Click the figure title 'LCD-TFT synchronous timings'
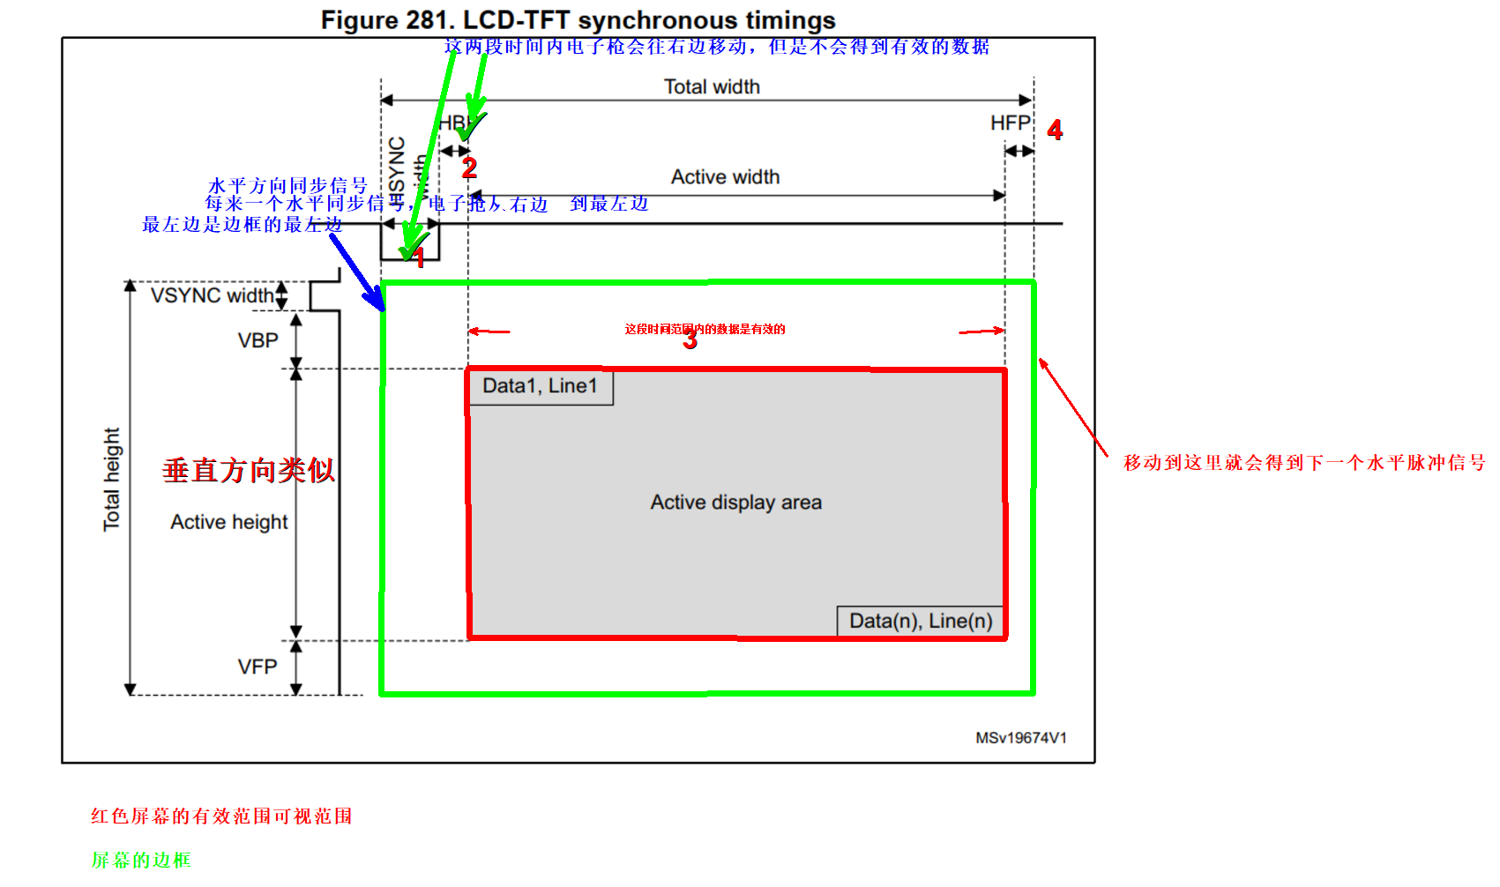[578, 20]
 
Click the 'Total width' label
[711, 86]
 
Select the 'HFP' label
[1010, 123]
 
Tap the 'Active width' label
[725, 177]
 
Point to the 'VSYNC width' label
[212, 295]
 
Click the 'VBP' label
[257, 340]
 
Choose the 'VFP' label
[257, 667]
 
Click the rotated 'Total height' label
[111, 479]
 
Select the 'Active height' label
[229, 522]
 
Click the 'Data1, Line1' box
[540, 386]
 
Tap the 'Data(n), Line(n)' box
[920, 621]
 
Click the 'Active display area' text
[735, 503]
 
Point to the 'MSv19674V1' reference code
[1020, 738]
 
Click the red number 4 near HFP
[1055, 130]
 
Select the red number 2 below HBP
[469, 168]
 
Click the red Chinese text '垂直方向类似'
[249, 470]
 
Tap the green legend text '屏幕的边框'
[141, 860]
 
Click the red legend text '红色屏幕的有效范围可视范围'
[221, 816]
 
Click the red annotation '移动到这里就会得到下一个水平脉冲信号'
[1303, 463]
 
